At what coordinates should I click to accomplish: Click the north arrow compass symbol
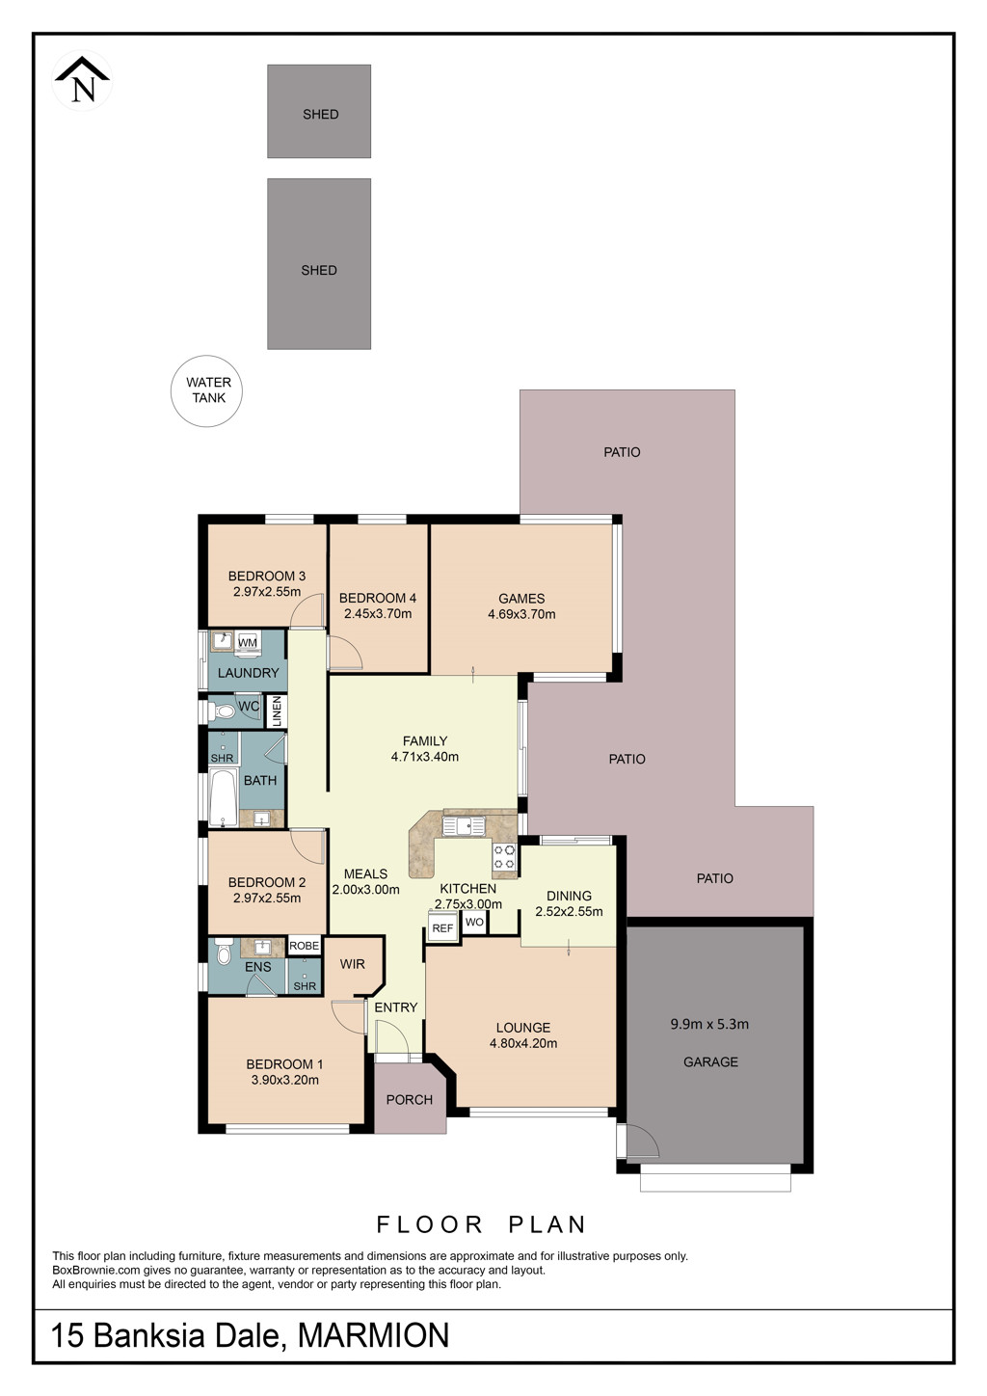[x=82, y=81]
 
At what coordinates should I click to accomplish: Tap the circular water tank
[x=207, y=390]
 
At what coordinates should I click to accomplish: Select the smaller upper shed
[x=319, y=112]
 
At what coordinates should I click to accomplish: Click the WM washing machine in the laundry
[x=248, y=642]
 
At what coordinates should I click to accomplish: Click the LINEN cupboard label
[x=277, y=711]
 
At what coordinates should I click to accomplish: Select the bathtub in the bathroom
[x=223, y=797]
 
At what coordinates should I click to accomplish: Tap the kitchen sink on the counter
[x=463, y=826]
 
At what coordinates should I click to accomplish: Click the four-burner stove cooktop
[x=505, y=856]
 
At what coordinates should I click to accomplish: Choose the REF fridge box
[x=442, y=926]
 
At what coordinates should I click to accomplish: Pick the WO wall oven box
[x=474, y=922]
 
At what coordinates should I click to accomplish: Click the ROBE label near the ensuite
[x=304, y=946]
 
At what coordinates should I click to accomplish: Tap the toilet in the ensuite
[x=222, y=953]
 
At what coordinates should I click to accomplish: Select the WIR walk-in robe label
[x=352, y=964]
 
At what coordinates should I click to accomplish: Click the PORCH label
[x=409, y=1100]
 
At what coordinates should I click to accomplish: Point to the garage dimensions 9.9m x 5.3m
[x=709, y=1024]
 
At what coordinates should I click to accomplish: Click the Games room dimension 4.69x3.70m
[x=521, y=614]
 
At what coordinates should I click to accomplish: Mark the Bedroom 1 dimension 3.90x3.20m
[x=284, y=1080]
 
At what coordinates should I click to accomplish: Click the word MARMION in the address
[x=373, y=1335]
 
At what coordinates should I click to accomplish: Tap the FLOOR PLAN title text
[x=481, y=1224]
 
